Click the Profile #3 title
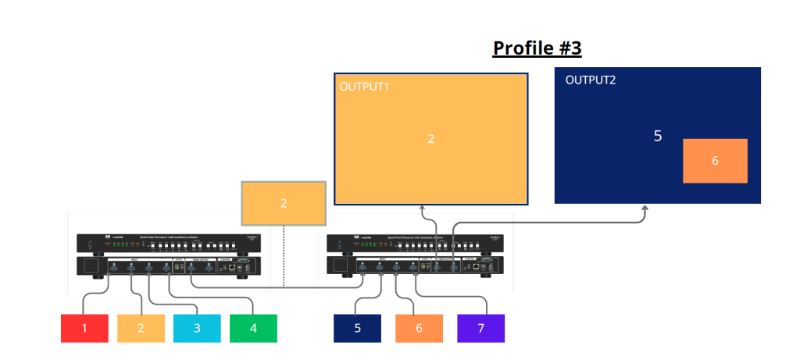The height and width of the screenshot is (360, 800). [537, 48]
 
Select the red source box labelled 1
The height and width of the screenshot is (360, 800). [84, 328]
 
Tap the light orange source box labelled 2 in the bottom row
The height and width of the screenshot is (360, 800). [141, 328]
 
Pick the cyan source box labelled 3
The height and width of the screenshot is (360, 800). [197, 328]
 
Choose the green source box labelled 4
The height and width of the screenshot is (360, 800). [253, 328]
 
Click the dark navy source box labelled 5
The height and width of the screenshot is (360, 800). [357, 328]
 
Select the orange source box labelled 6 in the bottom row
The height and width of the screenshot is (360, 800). [419, 328]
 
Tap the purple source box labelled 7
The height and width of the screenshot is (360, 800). [480, 328]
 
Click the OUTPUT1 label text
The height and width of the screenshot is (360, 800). [364, 86]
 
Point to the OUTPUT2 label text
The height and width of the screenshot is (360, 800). [591, 80]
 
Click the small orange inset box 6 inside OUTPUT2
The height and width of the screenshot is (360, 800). [715, 161]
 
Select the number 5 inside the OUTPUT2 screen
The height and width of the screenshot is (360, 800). [658, 136]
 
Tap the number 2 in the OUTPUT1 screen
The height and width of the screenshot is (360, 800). [430, 139]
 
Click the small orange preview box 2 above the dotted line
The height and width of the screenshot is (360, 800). [284, 203]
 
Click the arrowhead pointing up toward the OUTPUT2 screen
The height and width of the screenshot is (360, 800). [645, 209]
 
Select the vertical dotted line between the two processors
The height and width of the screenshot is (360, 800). [284, 258]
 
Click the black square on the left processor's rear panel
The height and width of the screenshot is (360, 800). [91, 266]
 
